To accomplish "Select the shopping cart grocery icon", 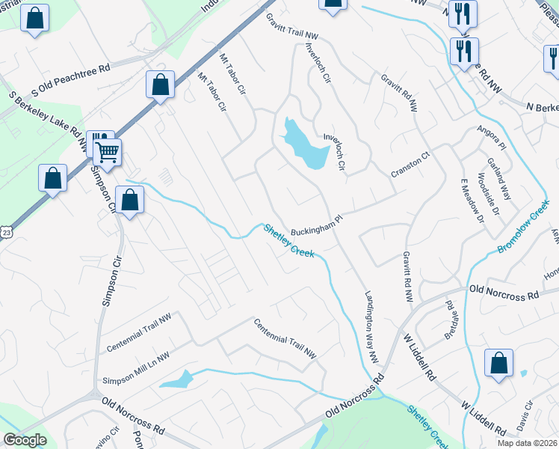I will (x=108, y=152).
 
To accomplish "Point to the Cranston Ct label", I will (x=410, y=165).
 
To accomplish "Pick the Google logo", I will (x=25, y=440).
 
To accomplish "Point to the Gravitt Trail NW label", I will (x=292, y=27).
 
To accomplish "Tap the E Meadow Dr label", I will (x=472, y=199).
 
